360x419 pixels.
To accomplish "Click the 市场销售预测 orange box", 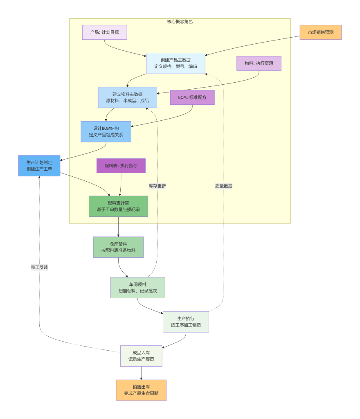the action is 320,32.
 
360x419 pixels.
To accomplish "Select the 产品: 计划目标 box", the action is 104,32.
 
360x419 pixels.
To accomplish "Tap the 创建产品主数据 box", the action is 175,63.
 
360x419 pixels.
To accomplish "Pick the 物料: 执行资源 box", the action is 259,63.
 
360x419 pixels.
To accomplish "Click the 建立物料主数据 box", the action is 127,97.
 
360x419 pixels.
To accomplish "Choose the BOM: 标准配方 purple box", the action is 192,97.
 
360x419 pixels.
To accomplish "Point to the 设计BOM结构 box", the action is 106,131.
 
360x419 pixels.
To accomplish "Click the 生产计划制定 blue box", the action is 39,166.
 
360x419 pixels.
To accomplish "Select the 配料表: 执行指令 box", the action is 121,166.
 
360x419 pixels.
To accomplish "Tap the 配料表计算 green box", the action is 118,206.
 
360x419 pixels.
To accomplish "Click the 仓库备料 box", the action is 118,247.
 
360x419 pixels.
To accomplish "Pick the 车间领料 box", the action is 138,288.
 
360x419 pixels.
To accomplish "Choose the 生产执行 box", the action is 186,322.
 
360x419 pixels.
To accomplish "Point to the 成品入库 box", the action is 141,356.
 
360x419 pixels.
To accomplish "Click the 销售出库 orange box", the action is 141,390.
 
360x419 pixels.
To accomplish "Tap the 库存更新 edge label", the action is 157,186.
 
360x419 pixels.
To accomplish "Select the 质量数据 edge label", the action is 224,186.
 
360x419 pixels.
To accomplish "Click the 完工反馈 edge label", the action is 39,267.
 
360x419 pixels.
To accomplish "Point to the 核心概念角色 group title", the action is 180,22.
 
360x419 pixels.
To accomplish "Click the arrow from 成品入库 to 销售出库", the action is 141,373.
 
